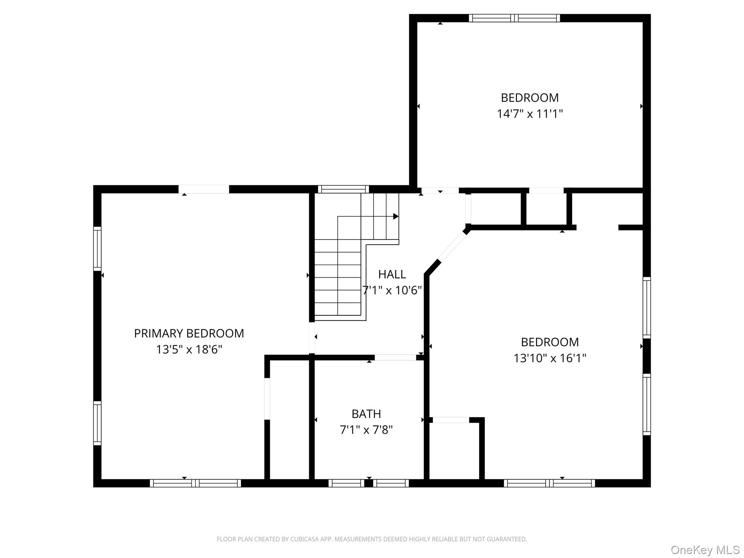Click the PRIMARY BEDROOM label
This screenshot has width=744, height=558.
[189, 333]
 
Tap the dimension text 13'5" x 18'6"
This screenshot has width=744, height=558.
[189, 349]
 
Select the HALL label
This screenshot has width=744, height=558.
[392, 274]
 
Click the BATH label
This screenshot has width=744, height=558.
[366, 414]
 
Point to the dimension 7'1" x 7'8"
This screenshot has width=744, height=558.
[366, 430]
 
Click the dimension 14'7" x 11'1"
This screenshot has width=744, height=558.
[530, 114]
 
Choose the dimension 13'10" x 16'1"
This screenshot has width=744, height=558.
[550, 358]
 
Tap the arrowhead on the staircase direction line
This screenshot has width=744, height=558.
[396, 217]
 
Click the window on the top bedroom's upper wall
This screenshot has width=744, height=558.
[514, 18]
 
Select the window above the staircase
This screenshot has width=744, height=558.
[343, 189]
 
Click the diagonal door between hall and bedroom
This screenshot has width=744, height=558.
[452, 246]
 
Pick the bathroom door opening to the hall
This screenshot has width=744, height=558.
[395, 357]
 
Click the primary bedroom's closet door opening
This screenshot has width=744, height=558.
[267, 399]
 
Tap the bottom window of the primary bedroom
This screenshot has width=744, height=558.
[195, 483]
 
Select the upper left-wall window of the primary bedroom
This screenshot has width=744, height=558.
[97, 249]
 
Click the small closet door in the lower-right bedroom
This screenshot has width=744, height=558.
[451, 420]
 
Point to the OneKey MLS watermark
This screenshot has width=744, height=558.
[705, 550]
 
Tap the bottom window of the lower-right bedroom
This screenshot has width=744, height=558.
[549, 483]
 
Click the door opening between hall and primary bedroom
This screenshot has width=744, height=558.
[312, 337]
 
